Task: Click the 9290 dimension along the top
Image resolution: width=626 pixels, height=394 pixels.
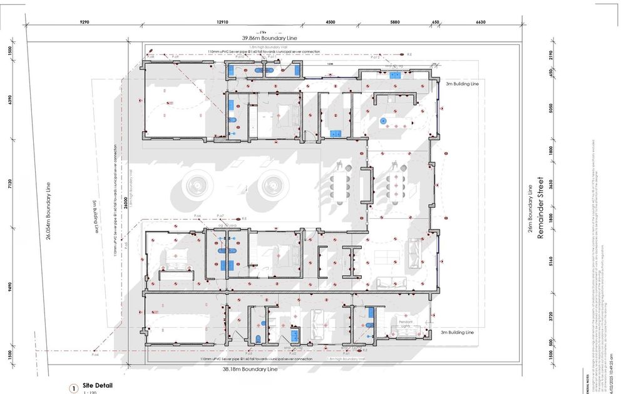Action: point(85,22)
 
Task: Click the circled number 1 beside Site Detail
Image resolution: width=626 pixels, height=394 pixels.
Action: point(74,389)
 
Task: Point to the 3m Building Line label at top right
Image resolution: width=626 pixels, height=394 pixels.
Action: point(462,83)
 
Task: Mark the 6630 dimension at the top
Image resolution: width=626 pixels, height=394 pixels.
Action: point(480,22)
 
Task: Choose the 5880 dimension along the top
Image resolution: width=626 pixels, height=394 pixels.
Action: point(394,22)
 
